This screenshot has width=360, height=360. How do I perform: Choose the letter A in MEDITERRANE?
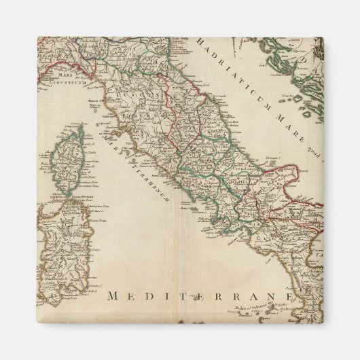(x=255, y=295)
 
